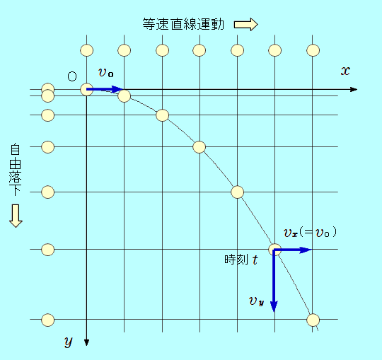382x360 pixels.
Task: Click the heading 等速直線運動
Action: pos(183,24)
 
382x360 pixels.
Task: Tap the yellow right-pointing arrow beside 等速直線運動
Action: pos(245,25)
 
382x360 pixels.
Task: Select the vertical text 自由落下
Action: pos(15,170)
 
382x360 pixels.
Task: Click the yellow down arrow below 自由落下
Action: pos(16,216)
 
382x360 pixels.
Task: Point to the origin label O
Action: pos(72,76)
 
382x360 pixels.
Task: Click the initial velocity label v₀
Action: pos(105,72)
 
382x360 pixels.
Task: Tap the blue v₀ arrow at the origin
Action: pos(105,89)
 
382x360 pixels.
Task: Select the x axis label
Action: pos(345,71)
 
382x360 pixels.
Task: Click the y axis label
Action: pos(69,341)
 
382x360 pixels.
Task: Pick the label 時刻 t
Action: pos(241,260)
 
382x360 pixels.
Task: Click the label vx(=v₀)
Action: pos(310,232)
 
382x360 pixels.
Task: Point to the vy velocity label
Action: pos(257,301)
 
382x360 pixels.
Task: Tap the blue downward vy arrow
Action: pos(274,281)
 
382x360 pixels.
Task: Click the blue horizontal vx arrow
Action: pos(293,250)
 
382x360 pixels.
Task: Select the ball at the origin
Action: pos(87,89)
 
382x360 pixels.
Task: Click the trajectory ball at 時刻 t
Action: pos(274,250)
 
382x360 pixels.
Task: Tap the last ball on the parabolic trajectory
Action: pos(313,320)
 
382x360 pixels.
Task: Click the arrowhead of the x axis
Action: pos(354,89)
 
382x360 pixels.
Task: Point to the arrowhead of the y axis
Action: pos(86,342)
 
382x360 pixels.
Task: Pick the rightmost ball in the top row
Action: pos(313,50)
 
